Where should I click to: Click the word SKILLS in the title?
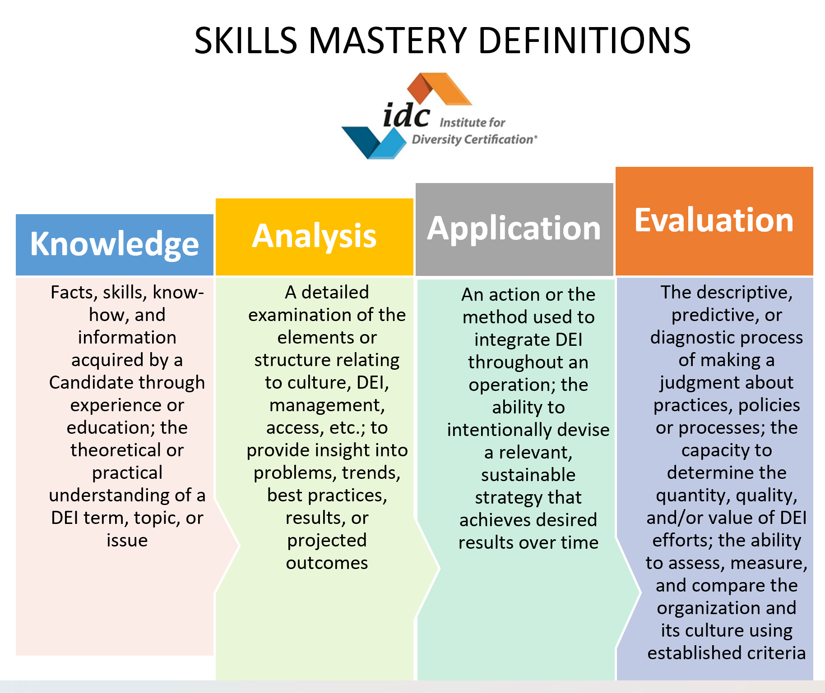246,41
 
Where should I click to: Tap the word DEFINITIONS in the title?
584,41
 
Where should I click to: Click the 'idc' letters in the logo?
406,116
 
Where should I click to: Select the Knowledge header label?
115,244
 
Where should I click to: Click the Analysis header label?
314,236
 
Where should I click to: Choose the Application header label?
514,228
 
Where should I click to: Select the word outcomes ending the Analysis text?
327,563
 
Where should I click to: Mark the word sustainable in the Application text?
528,475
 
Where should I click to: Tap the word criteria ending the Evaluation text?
776,653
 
